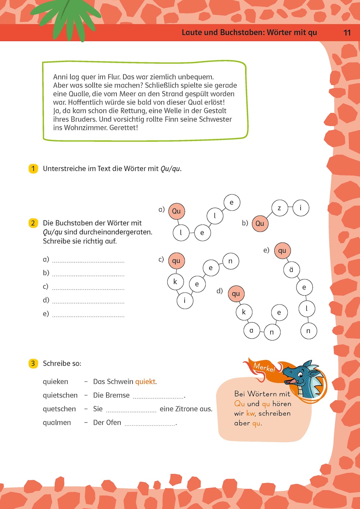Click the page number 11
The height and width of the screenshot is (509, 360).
click(x=347, y=33)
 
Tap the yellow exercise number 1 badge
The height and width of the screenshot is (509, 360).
click(x=33, y=168)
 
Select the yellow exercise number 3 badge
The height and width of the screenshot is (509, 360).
click(x=33, y=363)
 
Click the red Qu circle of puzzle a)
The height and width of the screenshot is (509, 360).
click(x=176, y=211)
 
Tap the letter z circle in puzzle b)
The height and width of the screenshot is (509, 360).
click(x=279, y=208)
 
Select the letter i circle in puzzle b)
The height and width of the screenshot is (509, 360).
click(x=301, y=208)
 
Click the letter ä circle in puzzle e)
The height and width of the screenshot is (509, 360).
click(x=291, y=269)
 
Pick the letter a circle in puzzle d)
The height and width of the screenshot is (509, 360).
click(x=252, y=330)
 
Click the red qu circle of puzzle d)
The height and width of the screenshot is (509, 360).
click(x=236, y=294)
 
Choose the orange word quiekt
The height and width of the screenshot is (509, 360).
click(x=145, y=382)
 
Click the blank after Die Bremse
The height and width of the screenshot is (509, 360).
click(x=158, y=397)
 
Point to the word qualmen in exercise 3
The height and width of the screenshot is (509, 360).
click(x=57, y=423)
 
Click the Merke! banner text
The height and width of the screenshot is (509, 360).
click(x=264, y=368)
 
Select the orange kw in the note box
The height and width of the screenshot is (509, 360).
click(x=251, y=413)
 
